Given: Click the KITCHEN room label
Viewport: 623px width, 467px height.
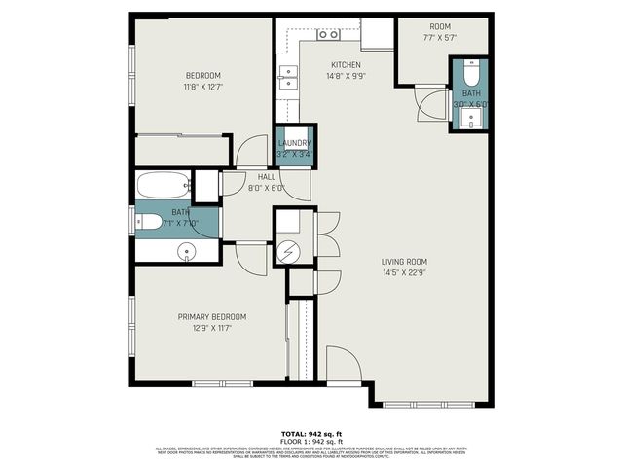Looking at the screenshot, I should (345, 65).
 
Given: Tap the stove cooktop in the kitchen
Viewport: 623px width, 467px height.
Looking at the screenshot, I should (328, 35).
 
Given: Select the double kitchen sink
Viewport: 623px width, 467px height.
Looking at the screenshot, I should (287, 77).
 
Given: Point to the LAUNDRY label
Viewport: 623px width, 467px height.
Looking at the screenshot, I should (293, 143).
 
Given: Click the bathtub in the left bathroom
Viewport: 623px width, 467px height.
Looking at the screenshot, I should (163, 185).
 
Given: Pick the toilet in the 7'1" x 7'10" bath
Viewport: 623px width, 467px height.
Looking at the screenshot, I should (149, 222).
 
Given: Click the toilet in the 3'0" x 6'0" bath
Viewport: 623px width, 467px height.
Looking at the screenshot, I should (470, 73).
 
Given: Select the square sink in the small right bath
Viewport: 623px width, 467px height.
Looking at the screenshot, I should (471, 119).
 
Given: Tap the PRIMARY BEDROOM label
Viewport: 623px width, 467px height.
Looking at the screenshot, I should (211, 317).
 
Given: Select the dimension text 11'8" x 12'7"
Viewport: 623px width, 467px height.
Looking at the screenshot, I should (203, 87).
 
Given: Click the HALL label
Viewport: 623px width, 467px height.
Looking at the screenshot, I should (266, 177).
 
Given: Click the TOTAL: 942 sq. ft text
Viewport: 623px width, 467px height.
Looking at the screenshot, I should (311, 433).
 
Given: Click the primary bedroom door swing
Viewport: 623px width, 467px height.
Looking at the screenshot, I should (249, 258).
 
